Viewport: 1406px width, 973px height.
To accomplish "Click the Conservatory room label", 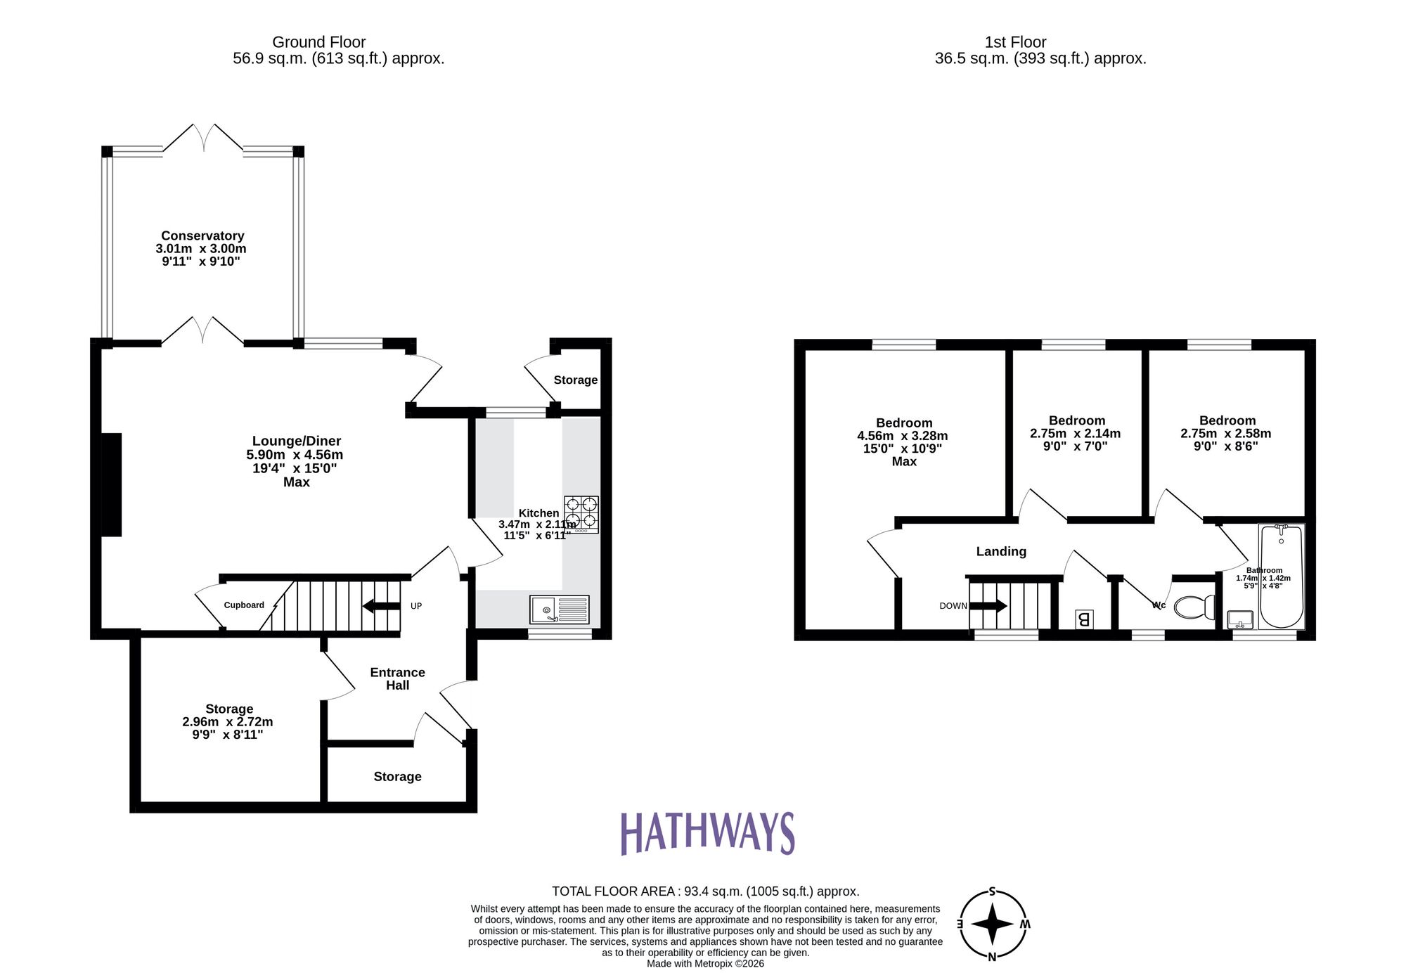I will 202,236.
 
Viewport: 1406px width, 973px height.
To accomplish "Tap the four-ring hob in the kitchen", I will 581,514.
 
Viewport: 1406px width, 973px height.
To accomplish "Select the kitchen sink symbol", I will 560,610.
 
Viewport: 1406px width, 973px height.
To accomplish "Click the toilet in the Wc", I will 1194,607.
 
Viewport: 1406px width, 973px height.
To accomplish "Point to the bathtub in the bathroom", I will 1281,576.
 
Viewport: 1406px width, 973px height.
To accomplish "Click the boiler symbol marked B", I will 1083,619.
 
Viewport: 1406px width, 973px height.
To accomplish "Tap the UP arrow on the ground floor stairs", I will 381,606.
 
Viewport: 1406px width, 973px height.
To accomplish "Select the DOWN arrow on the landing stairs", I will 988,605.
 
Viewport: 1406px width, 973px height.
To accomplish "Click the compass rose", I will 992,924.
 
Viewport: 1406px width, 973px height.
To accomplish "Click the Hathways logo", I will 707,833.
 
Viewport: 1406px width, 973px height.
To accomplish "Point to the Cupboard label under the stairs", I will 244,605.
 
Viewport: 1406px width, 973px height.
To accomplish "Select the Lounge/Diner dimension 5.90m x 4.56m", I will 295,455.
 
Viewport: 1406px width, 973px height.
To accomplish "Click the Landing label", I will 1001,552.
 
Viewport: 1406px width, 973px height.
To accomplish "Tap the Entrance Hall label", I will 397,679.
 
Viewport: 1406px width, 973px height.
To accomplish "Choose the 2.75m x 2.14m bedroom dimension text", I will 1075,434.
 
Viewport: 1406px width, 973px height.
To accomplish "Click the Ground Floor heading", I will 318,42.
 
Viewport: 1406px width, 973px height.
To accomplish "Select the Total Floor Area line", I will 705,891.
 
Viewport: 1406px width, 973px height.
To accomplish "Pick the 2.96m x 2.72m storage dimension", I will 227,722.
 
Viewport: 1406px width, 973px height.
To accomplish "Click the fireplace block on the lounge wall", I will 111,484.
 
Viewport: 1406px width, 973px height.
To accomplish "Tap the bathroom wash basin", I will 1240,620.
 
